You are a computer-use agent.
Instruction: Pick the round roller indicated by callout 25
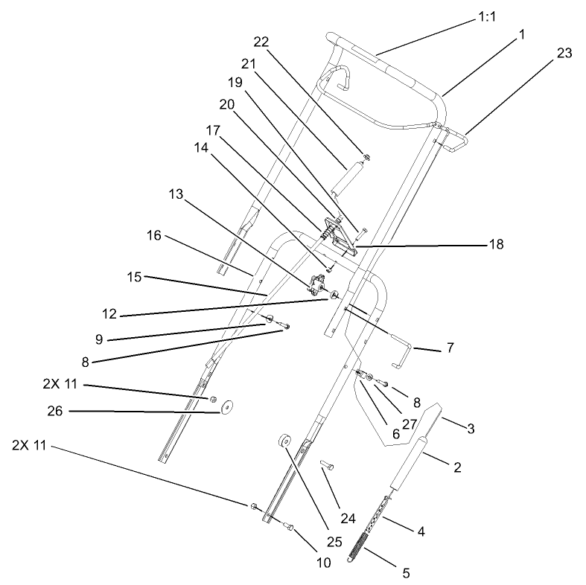(284, 441)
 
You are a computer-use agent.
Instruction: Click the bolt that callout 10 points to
(290, 528)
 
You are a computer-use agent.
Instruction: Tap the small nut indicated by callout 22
(367, 156)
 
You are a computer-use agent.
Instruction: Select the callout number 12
(109, 314)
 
